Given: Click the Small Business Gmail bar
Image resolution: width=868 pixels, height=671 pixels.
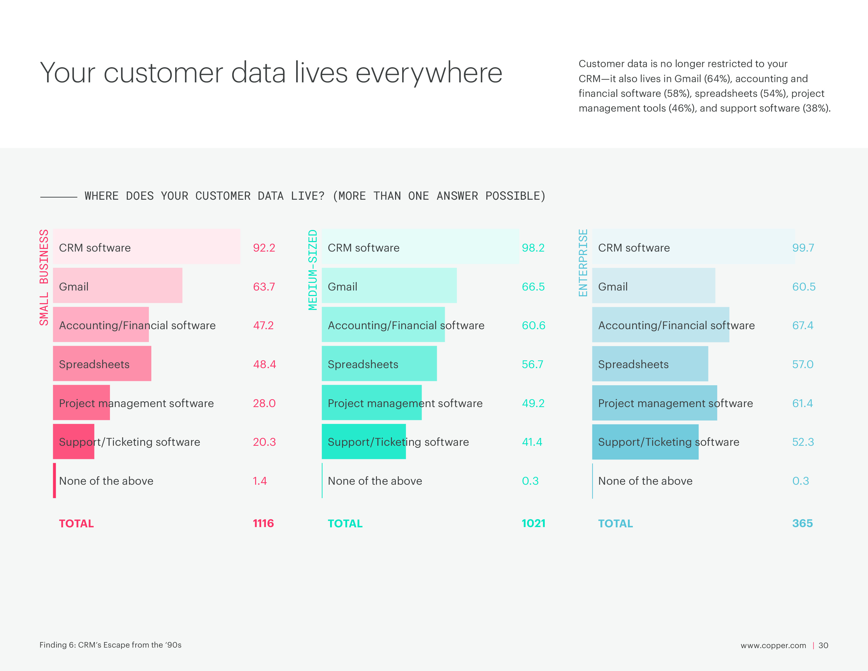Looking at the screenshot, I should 118,286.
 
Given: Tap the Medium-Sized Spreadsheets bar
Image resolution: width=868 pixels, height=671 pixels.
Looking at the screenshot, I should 379,364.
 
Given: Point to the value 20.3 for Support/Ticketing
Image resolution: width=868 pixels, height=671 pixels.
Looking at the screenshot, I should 264,442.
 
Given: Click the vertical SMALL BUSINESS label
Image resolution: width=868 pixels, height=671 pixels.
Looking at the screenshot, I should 44,277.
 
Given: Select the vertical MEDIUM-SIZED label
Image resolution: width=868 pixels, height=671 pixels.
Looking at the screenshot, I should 313,270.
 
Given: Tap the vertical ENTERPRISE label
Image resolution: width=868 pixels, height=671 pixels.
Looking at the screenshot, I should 583,263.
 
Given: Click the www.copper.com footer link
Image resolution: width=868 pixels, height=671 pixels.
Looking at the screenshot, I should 773,645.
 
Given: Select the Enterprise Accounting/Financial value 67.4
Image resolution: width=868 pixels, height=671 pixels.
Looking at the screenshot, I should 803,326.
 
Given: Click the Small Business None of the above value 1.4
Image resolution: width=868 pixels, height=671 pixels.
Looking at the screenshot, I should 260,481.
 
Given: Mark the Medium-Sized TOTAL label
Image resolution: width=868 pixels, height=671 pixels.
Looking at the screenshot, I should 345,524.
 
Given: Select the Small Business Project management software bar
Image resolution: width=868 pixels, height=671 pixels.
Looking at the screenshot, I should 82,403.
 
